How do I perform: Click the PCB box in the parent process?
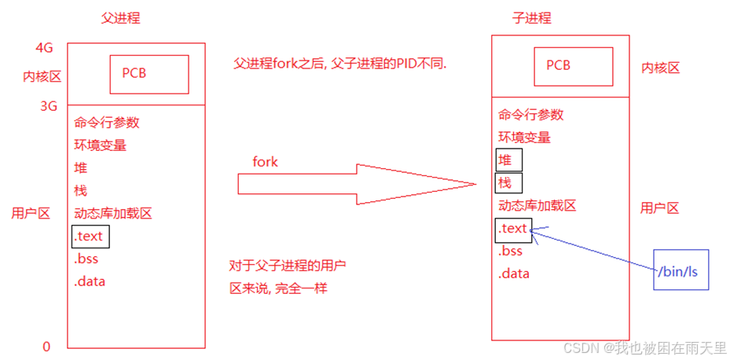149,74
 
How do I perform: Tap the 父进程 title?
121,18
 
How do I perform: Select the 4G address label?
44,48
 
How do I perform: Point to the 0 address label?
46,347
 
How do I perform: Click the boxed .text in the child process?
514,230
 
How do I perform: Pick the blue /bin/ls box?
680,271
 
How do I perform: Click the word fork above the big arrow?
265,161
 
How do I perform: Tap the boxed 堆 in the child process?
508,160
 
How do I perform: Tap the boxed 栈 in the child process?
508,183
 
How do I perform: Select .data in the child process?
513,274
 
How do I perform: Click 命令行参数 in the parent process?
107,123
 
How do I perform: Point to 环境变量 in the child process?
523,137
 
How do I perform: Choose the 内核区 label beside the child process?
660,68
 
